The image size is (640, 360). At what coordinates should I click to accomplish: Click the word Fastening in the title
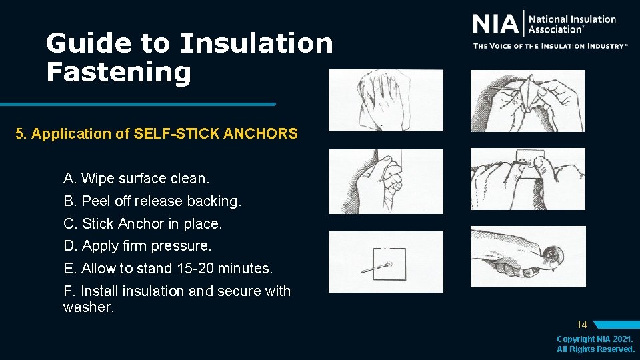(118, 71)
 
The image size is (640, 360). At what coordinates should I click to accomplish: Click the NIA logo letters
(495, 25)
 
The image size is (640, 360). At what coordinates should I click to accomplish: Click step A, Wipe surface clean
(136, 179)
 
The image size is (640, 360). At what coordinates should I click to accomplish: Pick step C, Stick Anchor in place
(143, 223)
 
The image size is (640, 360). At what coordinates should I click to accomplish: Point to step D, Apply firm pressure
(137, 245)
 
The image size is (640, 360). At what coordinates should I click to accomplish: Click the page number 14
(582, 325)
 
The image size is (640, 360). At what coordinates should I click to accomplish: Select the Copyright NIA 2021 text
(595, 339)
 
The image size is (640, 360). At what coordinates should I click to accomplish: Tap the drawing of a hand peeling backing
(385, 181)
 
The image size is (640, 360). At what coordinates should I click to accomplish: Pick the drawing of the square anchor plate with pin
(385, 262)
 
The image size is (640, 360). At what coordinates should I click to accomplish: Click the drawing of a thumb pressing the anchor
(528, 257)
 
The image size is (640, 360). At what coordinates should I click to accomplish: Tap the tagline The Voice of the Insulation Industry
(551, 46)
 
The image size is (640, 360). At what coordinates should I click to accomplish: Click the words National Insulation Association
(572, 24)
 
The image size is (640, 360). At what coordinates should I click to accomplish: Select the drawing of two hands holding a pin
(528, 100)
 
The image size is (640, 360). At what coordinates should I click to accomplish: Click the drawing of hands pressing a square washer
(528, 179)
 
